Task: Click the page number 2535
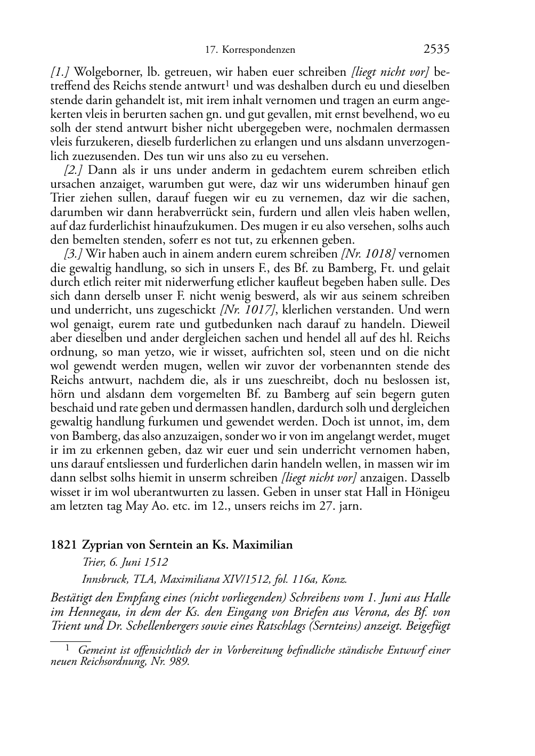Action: pyautogui.click(x=436, y=50)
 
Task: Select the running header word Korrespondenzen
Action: pyautogui.click(x=258, y=50)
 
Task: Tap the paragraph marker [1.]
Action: pyautogui.click(x=59, y=72)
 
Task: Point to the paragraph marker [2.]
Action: pyautogui.click(x=74, y=171)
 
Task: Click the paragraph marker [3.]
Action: pyautogui.click(x=73, y=254)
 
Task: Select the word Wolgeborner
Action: pyautogui.click(x=101, y=72)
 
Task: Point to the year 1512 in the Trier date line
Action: pyautogui.click(x=155, y=562)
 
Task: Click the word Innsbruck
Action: pyautogui.click(x=103, y=579)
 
